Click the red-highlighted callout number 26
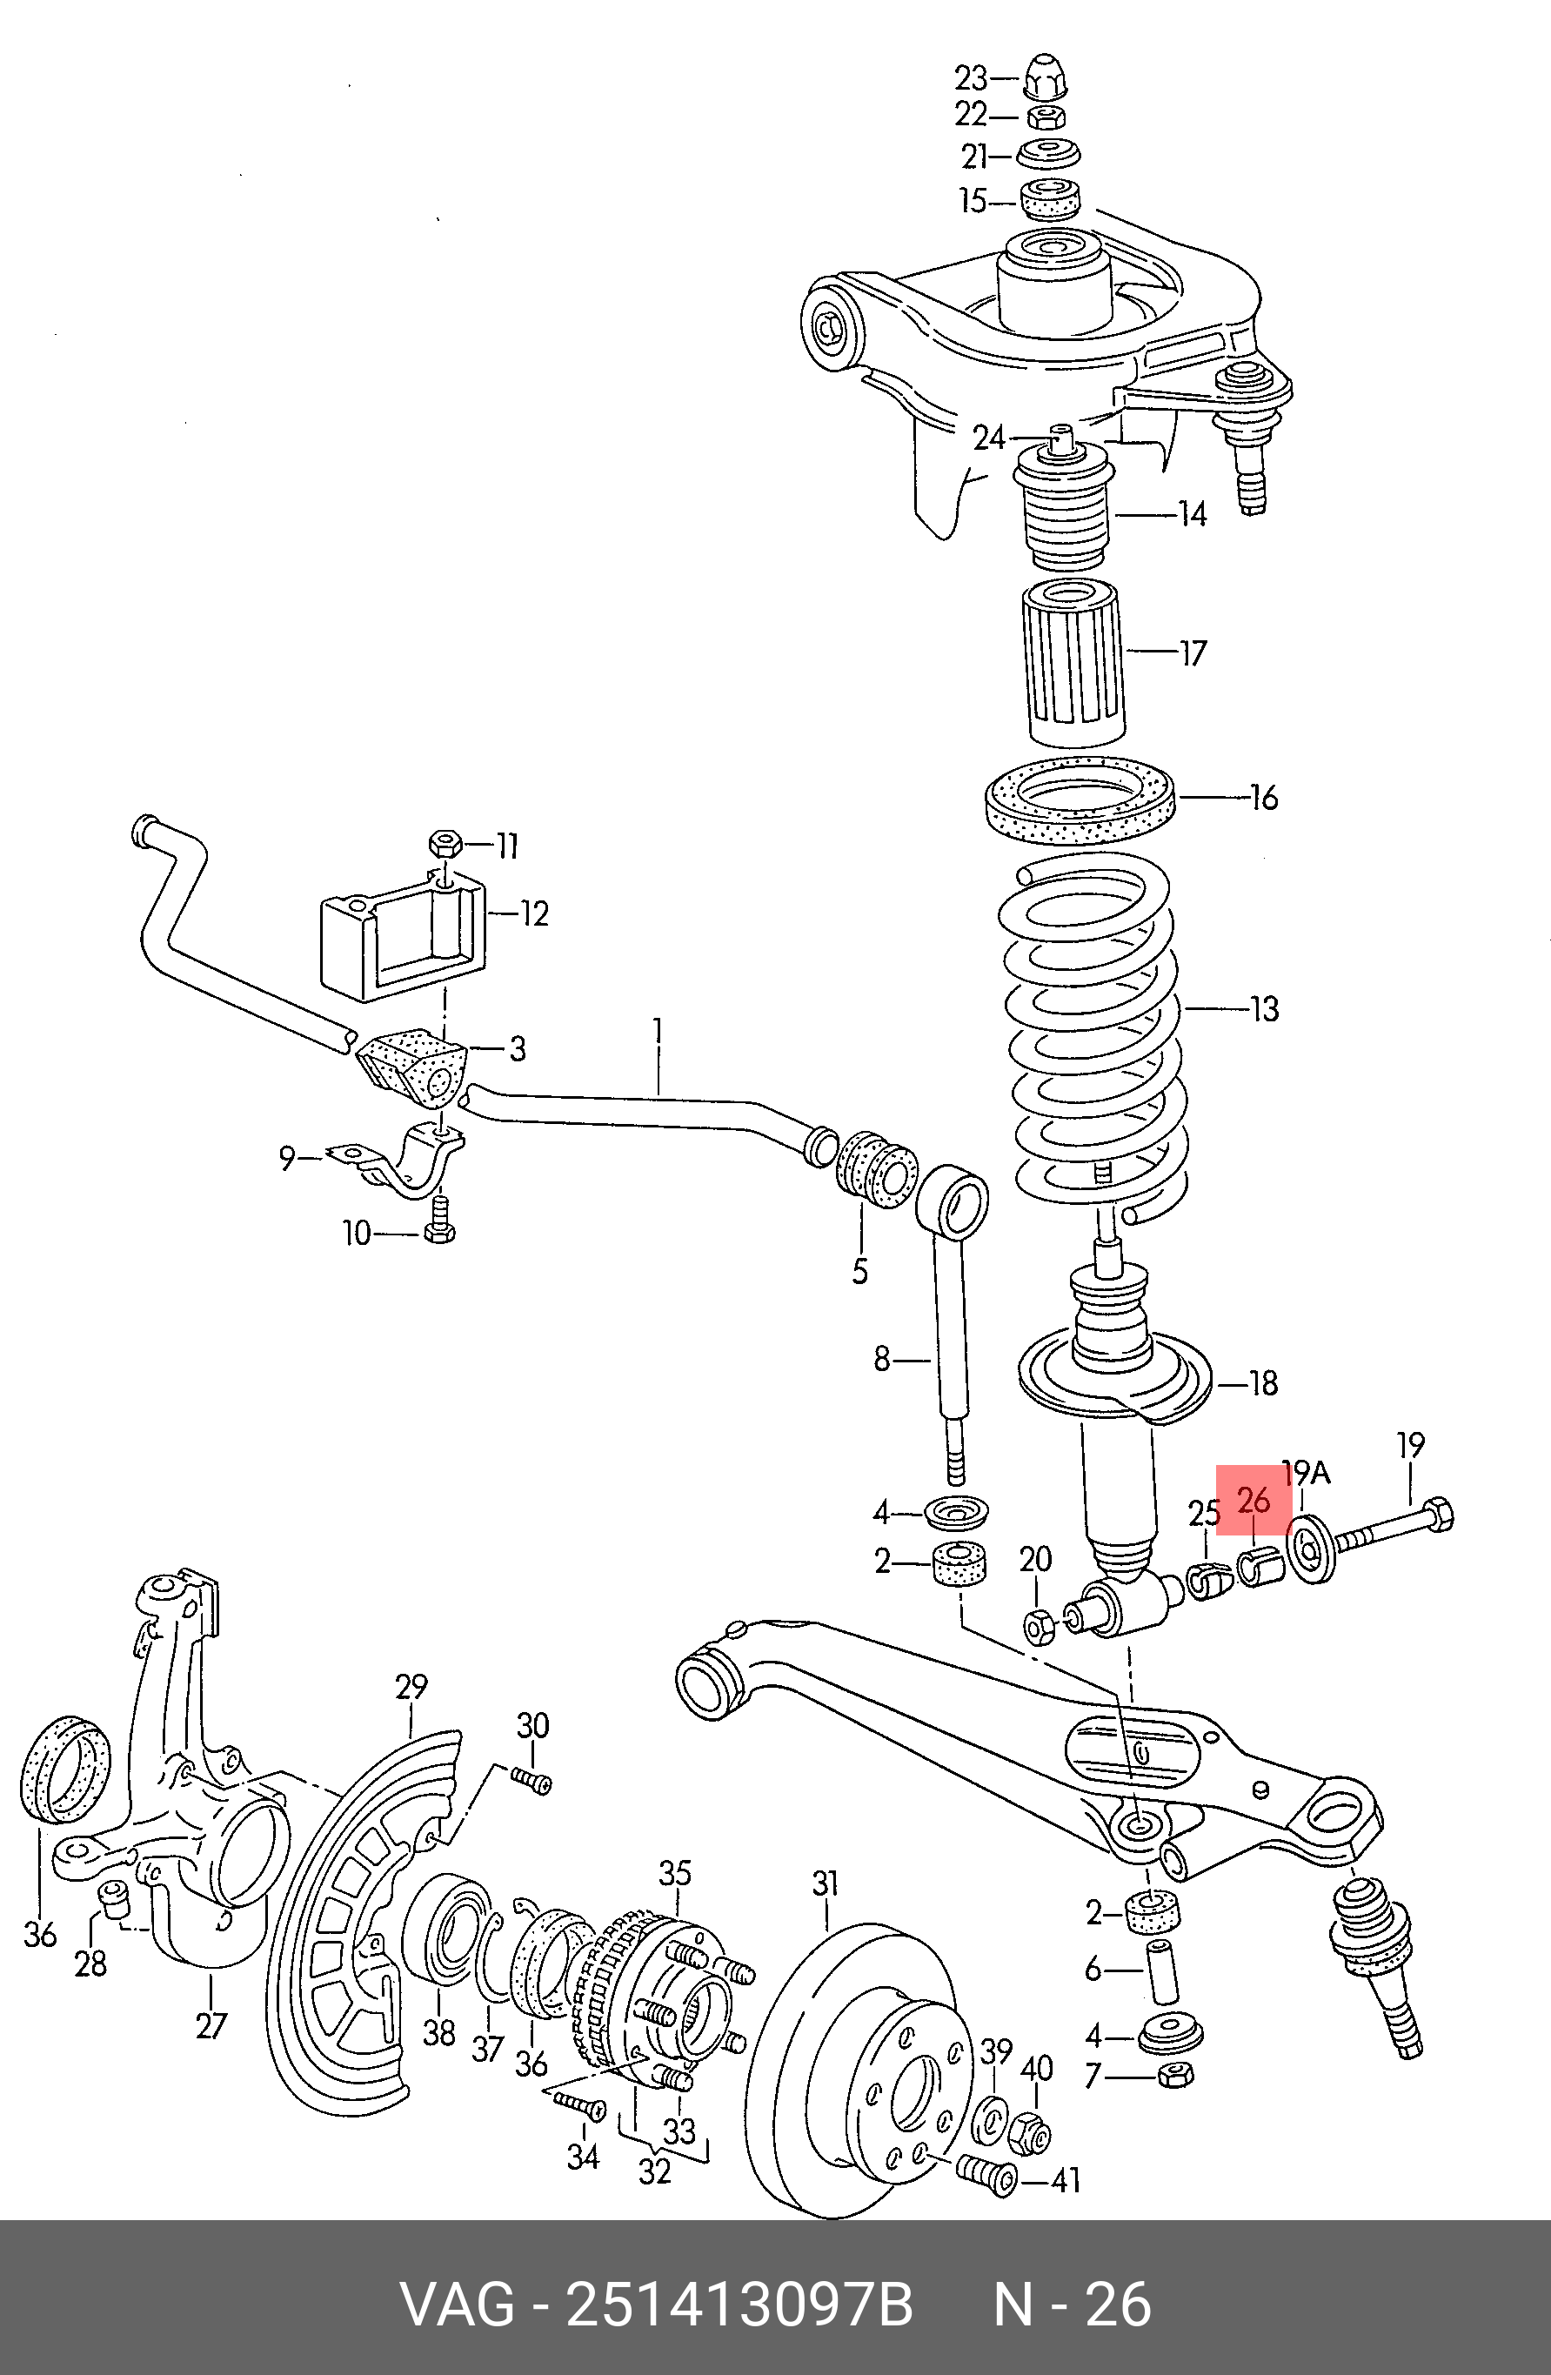click(1254, 1500)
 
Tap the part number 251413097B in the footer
click(739, 2305)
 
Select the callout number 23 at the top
click(971, 77)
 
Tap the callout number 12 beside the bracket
click(534, 913)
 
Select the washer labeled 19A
click(1312, 1548)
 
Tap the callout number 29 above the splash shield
click(411, 1687)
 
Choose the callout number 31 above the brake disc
click(826, 1884)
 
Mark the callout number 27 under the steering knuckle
click(211, 2026)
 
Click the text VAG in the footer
click(457, 2305)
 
